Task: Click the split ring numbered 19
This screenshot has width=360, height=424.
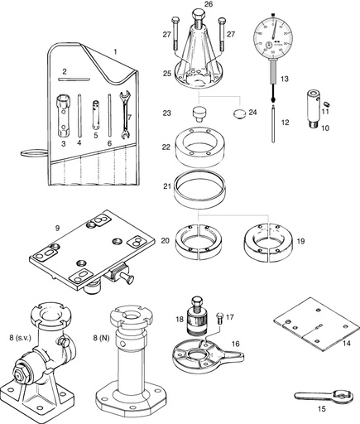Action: (266, 240)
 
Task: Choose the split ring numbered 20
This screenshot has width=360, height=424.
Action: (198, 240)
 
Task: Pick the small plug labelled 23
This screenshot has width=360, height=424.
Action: (200, 111)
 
